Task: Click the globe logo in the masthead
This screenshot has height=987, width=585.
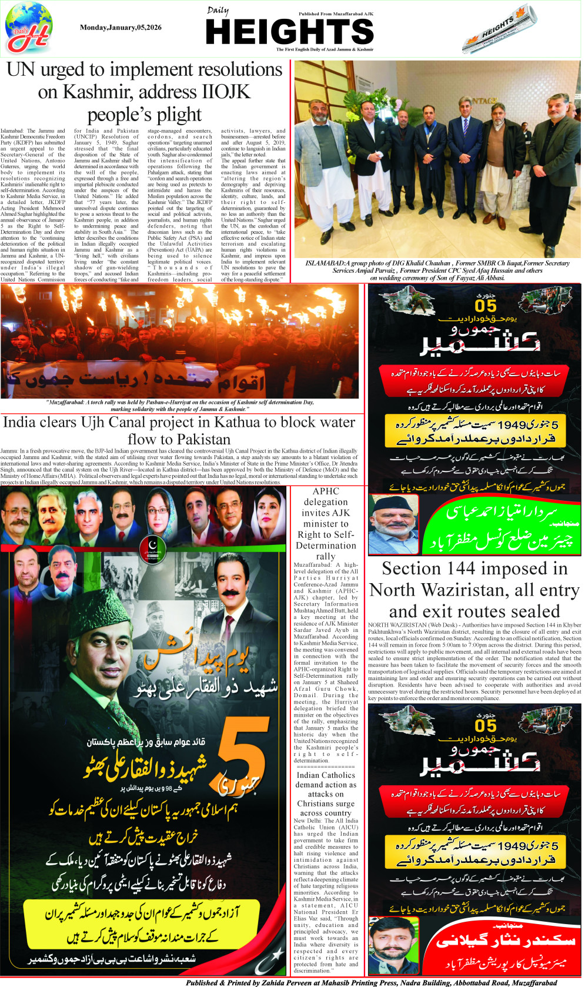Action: coord(28,28)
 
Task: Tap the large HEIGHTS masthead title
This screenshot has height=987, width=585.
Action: coord(290,32)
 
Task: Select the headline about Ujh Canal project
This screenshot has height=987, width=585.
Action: coord(179,430)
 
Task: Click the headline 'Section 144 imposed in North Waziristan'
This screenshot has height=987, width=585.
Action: coord(474,590)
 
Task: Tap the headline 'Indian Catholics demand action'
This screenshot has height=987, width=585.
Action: coord(326,793)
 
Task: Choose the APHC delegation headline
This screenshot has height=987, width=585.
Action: coord(326,523)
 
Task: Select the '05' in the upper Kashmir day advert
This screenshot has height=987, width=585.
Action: coord(486,306)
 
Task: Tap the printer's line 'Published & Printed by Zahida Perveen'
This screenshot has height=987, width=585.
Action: coord(370,982)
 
